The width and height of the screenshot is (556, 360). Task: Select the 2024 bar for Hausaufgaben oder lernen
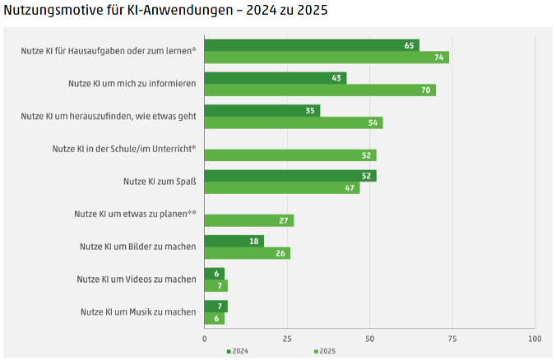click(311, 45)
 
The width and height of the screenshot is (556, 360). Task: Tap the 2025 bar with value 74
click(326, 58)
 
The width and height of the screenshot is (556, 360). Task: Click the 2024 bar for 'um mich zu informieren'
click(275, 78)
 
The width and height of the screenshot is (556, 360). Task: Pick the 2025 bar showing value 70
click(319, 90)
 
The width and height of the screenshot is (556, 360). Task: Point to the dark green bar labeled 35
click(262, 110)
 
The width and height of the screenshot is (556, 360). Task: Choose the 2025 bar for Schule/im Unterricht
click(290, 155)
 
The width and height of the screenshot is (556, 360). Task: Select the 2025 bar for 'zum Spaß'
click(281, 187)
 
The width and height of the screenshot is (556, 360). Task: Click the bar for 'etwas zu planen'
click(248, 220)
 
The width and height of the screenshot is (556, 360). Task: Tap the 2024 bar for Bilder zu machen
click(234, 241)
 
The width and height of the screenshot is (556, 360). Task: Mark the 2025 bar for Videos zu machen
click(215, 285)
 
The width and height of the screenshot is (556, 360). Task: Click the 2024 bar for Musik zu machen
click(215, 306)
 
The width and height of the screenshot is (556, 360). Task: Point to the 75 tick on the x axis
click(452, 338)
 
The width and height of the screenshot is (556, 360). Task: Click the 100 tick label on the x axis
click(535, 338)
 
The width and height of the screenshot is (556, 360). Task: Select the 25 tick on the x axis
click(287, 338)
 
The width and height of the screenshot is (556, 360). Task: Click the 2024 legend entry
click(238, 352)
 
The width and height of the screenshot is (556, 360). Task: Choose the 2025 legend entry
click(325, 352)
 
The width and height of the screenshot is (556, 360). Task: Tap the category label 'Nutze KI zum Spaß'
click(159, 181)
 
